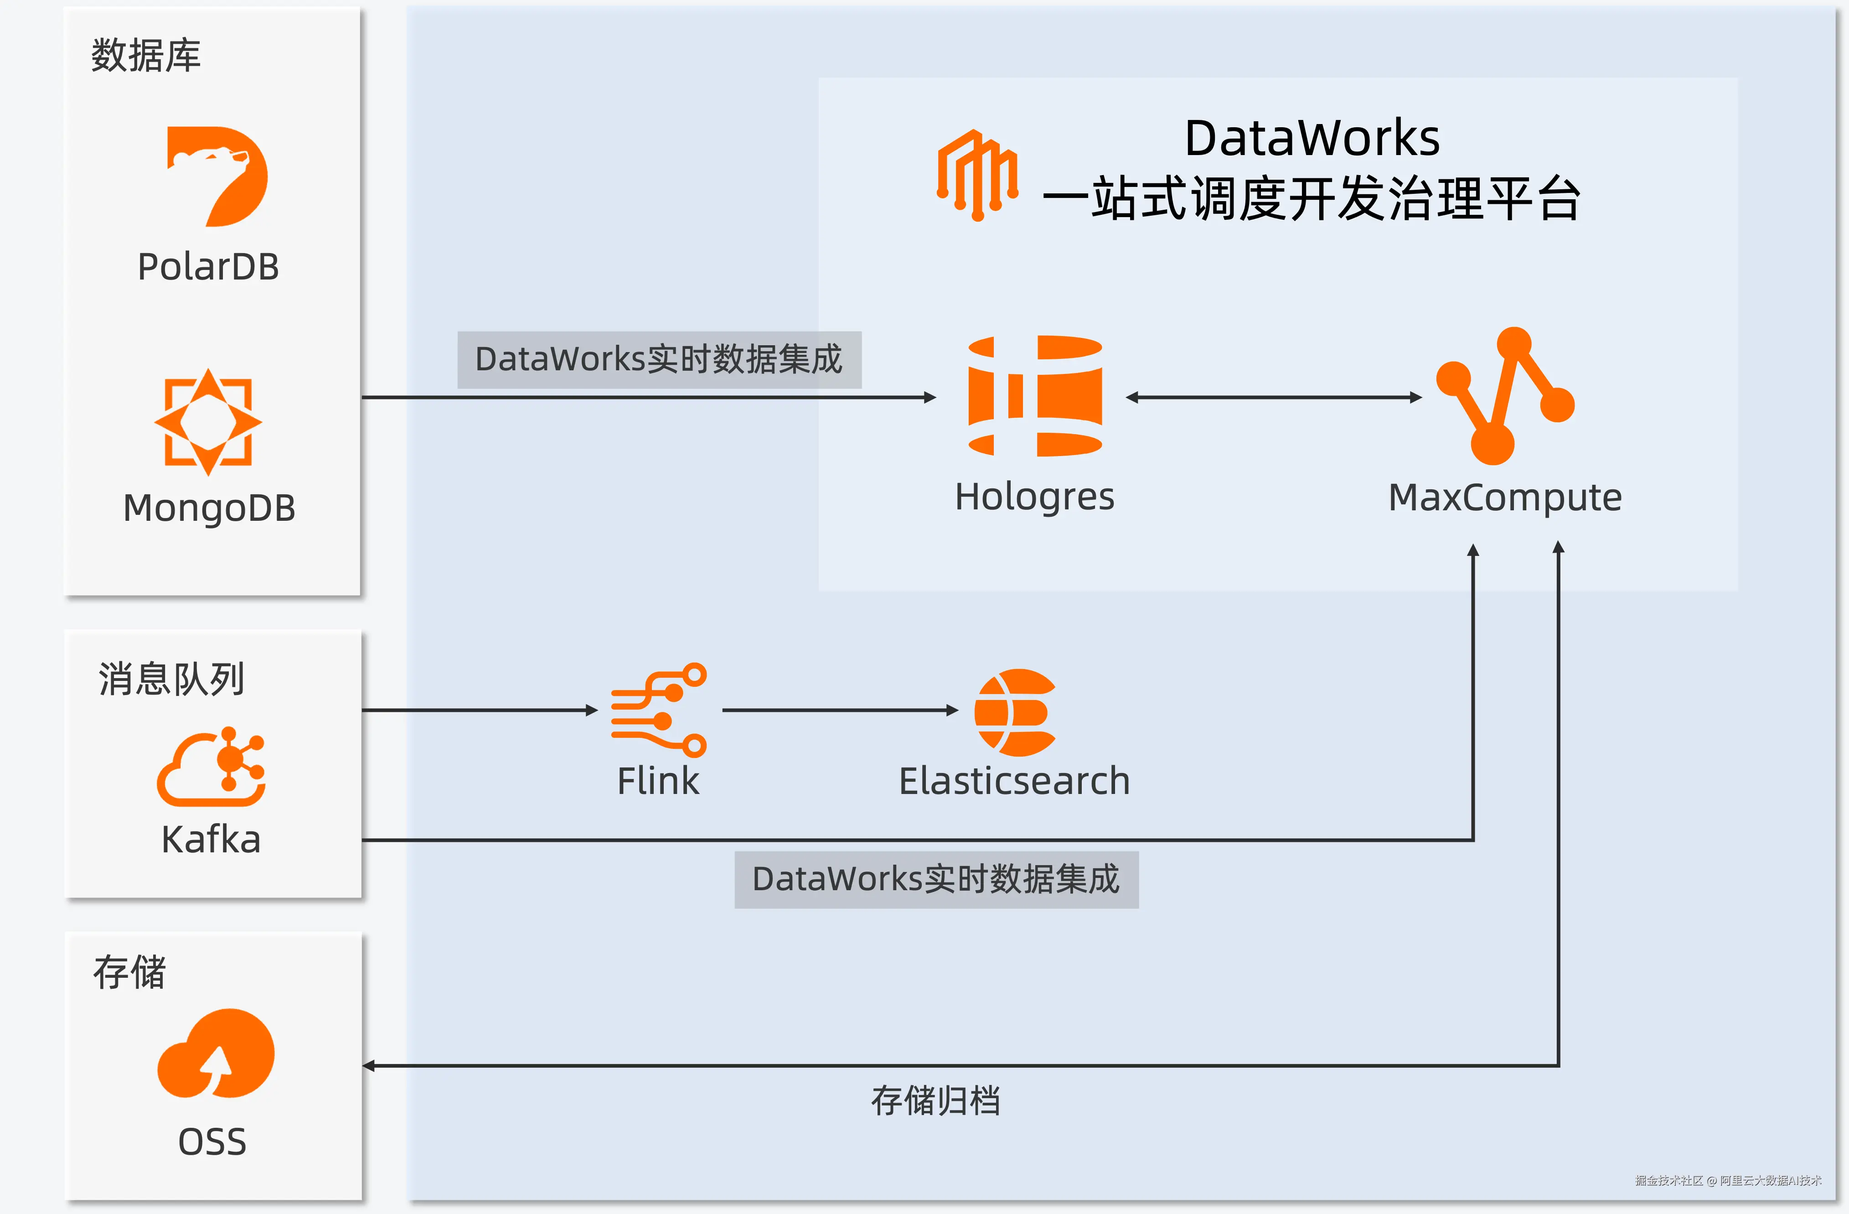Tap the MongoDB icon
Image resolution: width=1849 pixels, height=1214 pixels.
point(208,422)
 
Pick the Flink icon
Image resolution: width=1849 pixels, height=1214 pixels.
point(659,710)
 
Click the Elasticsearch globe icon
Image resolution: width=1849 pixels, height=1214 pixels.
point(1015,712)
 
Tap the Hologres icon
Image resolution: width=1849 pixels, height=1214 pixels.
point(1035,396)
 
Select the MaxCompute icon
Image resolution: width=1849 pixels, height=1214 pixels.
point(1505,396)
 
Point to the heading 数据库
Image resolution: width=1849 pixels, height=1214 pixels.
point(146,56)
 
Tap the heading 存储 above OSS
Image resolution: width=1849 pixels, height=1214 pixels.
point(130,972)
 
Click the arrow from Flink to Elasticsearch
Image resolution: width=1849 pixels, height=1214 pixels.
point(840,710)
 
